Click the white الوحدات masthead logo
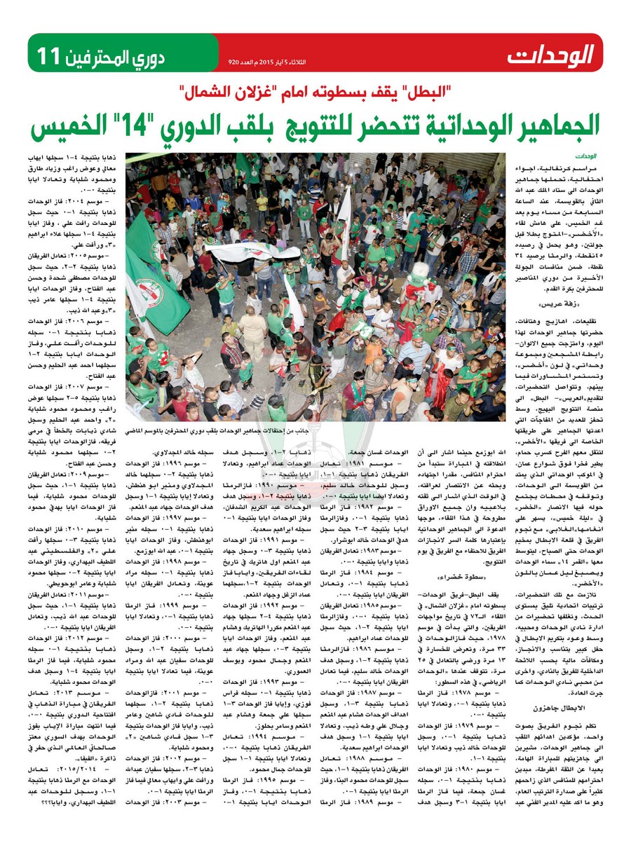(x=552, y=54)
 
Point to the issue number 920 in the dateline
(x=234, y=62)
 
